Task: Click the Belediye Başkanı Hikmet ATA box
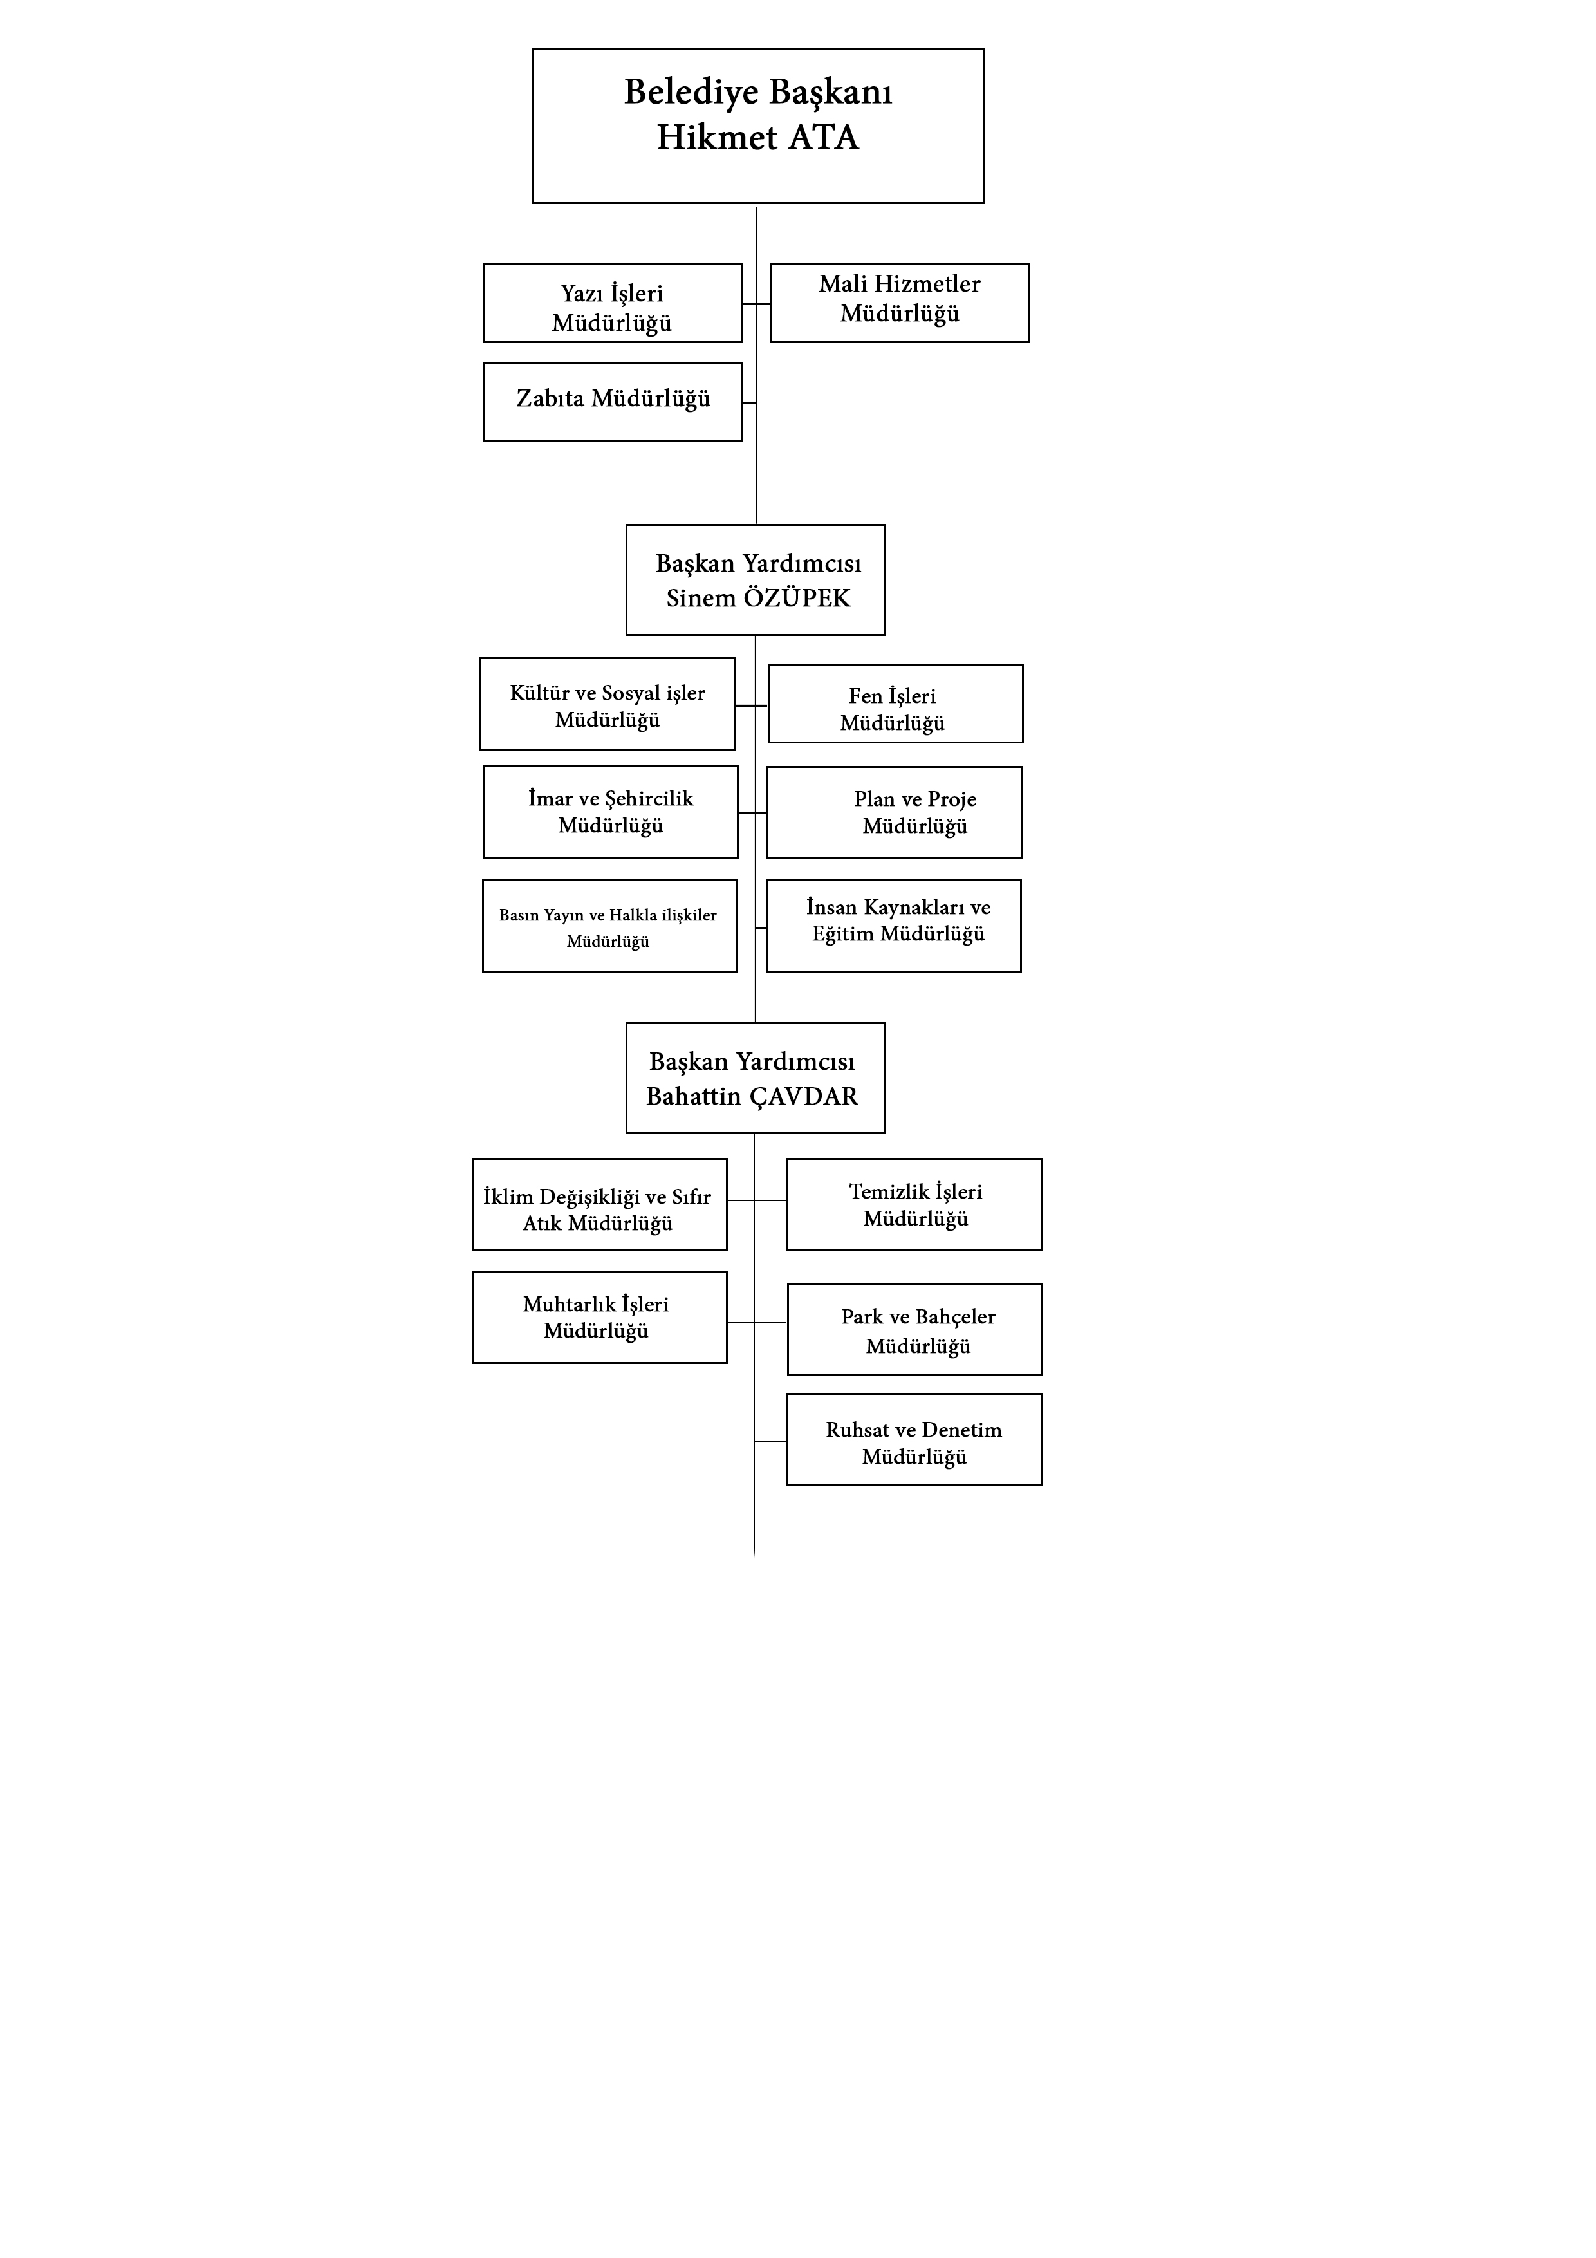757,126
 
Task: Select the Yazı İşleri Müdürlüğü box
613,303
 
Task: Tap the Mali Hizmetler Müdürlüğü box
900,303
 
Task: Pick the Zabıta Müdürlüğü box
613,402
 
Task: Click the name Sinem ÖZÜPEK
758,598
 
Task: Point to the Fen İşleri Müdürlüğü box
895,703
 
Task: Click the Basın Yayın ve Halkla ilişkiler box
609,926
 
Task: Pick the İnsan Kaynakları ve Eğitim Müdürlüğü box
894,926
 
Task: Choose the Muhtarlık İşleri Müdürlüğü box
600,1317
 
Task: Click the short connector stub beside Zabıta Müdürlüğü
749,403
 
